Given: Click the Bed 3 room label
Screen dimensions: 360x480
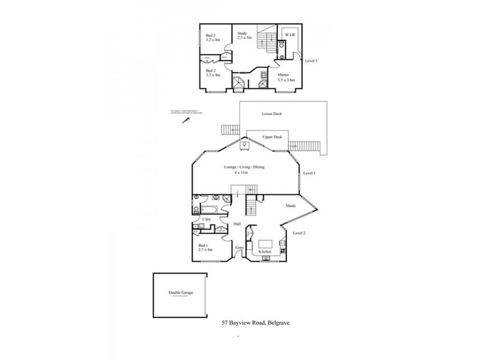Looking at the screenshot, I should tap(209, 35).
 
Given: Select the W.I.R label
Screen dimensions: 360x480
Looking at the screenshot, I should tap(290, 34).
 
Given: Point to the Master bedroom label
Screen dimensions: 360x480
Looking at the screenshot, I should tap(284, 75).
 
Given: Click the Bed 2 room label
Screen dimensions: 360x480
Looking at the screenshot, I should tap(210, 70).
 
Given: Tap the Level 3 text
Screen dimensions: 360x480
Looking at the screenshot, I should tap(311, 61).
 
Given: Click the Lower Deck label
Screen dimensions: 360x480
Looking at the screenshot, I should tap(271, 113).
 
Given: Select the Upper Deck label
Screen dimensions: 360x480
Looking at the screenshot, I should tap(272, 137).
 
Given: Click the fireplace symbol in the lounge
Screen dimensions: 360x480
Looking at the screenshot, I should tap(244, 143).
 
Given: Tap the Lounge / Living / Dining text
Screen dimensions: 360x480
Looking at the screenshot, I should tap(244, 167).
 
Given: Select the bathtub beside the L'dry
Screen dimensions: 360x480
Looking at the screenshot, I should tap(208, 210).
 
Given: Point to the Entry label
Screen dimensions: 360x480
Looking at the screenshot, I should tap(239, 248).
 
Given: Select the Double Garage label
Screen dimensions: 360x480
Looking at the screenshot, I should tap(181, 293).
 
